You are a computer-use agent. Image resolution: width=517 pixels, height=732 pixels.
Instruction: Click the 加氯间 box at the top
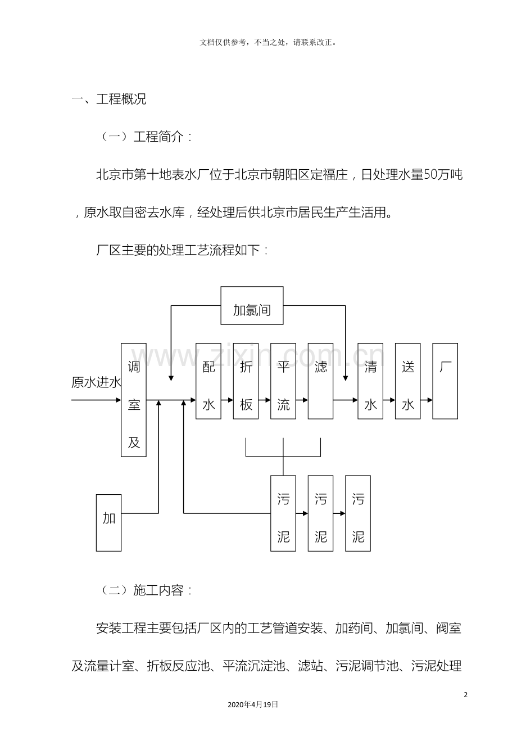point(251,305)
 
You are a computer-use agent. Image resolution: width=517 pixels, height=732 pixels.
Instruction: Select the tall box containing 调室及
point(134,400)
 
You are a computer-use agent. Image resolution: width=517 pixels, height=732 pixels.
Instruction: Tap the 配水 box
point(208,381)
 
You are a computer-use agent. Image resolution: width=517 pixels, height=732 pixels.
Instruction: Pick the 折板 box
point(246,381)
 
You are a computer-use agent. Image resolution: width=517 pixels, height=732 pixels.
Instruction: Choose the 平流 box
point(283,381)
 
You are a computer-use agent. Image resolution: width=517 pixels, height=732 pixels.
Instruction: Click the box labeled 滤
point(320,381)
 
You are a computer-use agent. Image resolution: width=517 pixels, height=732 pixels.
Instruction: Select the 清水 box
point(370,381)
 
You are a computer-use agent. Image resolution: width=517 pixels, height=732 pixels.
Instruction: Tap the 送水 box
point(408,381)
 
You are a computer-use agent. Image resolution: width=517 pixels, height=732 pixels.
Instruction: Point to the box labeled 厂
point(445,381)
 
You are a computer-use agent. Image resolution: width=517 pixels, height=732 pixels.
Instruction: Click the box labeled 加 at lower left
point(108,522)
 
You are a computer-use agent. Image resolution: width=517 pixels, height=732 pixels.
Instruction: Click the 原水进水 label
point(96,383)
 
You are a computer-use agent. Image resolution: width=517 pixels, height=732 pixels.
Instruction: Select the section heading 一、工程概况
point(109,100)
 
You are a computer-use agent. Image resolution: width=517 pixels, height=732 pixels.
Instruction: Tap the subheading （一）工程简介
point(146,137)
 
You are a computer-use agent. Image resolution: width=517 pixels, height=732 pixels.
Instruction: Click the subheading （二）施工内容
point(146,590)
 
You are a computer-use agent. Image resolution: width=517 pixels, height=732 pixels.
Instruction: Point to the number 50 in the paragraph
point(429,175)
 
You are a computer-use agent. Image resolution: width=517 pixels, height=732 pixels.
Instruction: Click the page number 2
point(465,694)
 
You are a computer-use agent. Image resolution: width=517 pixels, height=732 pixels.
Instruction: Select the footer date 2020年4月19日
point(253,704)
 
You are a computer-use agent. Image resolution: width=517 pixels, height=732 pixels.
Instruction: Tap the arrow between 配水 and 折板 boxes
point(227,400)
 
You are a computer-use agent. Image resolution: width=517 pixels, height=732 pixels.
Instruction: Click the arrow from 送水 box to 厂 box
point(427,400)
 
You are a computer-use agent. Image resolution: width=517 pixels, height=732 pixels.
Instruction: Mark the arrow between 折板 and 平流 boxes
point(264,400)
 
